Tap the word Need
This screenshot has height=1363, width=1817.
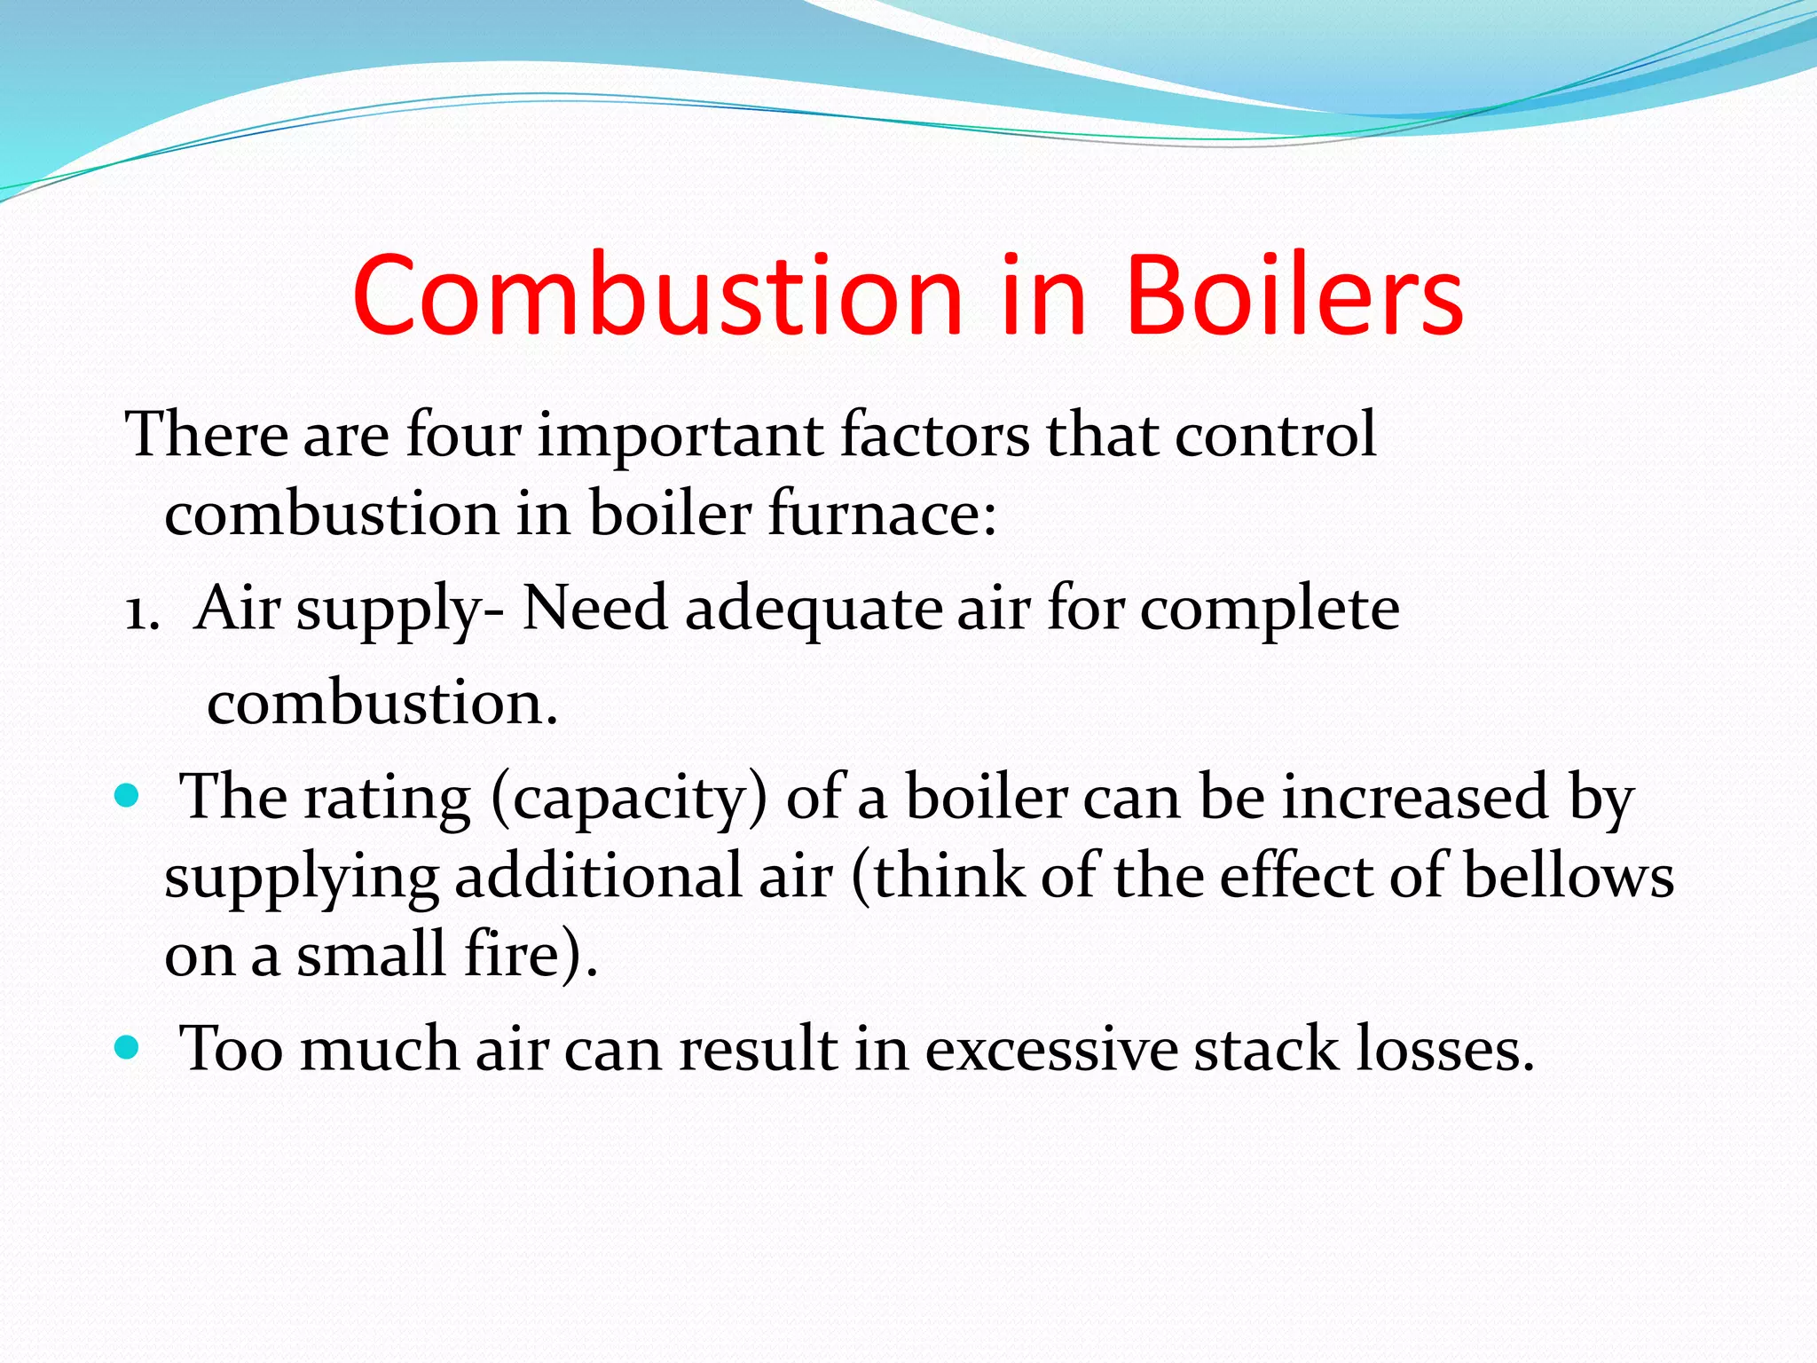point(594,610)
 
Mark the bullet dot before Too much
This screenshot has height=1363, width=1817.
point(128,1047)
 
